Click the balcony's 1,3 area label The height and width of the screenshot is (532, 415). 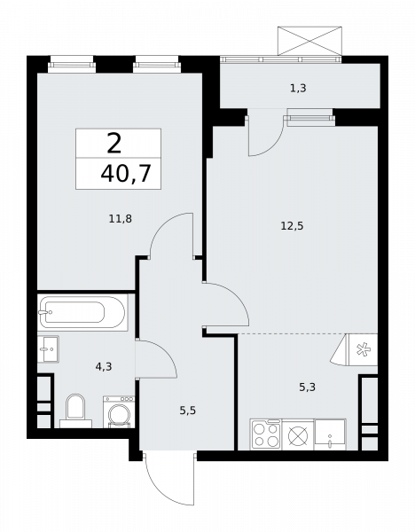[300, 88]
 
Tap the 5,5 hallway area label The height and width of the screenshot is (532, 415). [189, 411]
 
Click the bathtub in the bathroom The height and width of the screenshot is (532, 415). [82, 312]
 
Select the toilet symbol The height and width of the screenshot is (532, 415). [74, 410]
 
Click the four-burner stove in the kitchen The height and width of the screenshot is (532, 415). [265, 434]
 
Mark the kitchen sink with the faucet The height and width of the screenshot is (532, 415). [330, 434]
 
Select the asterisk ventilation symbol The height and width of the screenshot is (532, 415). [364, 348]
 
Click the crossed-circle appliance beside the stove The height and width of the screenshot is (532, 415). [299, 435]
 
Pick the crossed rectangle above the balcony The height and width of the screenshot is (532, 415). [309, 41]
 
